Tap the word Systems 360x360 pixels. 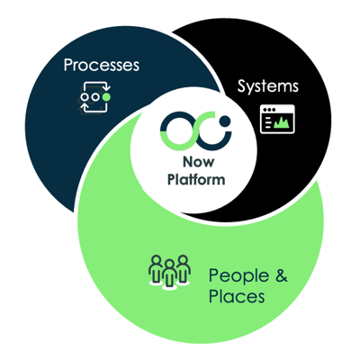tap(267, 87)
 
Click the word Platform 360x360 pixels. tap(187, 180)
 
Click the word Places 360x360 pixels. tap(236, 295)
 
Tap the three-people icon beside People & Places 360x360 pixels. tap(170, 272)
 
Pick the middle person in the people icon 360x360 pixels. tap(170, 268)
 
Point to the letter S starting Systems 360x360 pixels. tap(241, 87)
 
